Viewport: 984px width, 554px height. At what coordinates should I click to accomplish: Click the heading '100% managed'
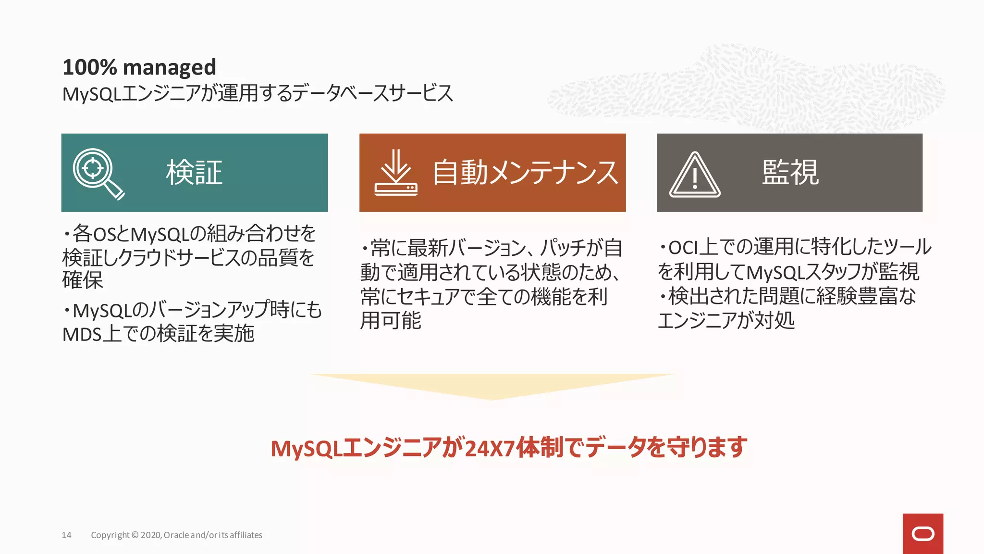(x=139, y=67)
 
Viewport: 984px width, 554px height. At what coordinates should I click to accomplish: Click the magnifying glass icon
(x=98, y=173)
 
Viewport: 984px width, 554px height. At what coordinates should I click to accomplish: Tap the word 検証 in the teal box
(x=194, y=173)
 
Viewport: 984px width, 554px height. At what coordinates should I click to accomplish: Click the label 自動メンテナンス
(x=525, y=173)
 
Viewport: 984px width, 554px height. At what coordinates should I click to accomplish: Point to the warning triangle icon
(x=695, y=175)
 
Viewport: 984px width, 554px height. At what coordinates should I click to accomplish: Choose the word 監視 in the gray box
(x=790, y=172)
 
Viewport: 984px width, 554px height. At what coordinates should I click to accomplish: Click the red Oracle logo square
(x=922, y=533)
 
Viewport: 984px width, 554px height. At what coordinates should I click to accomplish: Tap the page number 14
(x=66, y=535)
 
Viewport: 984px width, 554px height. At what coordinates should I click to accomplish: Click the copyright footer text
(x=176, y=535)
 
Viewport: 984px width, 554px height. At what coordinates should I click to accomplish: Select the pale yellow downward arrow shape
(x=492, y=385)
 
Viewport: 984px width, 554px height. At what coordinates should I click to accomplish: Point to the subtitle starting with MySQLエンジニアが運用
(x=258, y=93)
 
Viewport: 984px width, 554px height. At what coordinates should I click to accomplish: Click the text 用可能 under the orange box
(x=391, y=321)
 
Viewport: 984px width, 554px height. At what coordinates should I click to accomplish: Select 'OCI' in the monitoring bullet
(x=683, y=248)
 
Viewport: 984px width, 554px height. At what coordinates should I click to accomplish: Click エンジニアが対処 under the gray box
(x=726, y=321)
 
